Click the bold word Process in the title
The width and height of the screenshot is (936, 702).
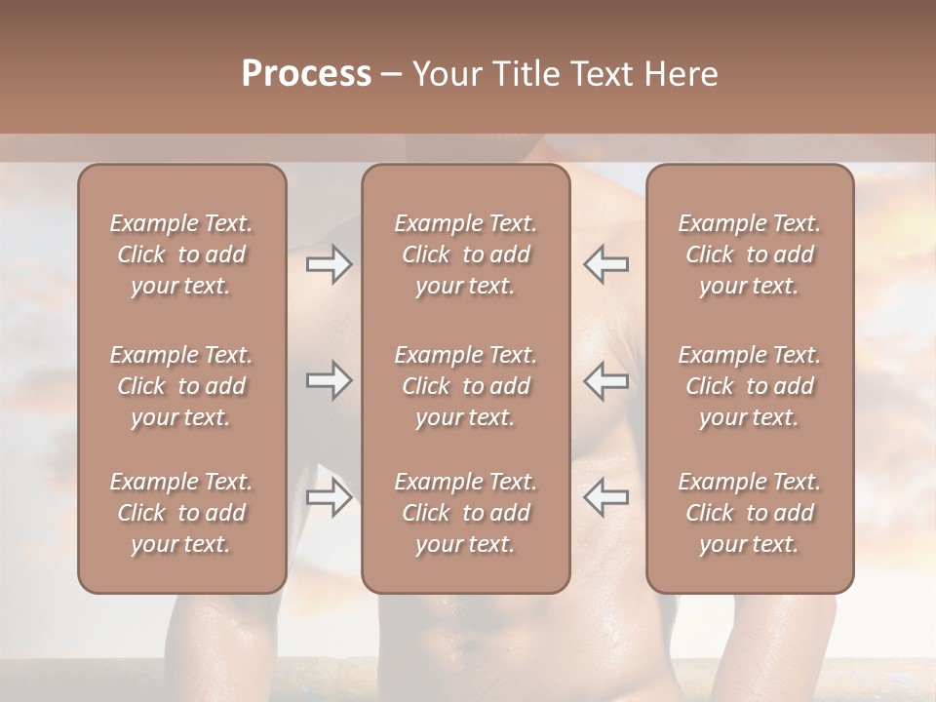tap(306, 74)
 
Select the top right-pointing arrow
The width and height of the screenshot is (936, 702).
tap(329, 264)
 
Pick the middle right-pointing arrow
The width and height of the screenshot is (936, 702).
tap(329, 380)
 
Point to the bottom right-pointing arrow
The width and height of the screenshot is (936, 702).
tap(329, 497)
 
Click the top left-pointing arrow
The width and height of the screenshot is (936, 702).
tap(605, 264)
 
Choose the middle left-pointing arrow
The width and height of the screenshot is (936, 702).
tap(605, 380)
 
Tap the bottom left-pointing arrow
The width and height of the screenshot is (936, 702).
tap(605, 497)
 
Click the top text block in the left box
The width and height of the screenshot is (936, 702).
tap(181, 254)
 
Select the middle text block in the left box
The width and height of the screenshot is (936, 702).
tap(181, 386)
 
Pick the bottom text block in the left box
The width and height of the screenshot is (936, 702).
tap(181, 513)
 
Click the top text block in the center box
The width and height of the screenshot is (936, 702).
tap(465, 254)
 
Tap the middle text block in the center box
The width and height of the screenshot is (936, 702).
tap(465, 386)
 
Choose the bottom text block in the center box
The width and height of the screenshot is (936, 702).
tap(465, 513)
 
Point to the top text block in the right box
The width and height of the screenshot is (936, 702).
tap(749, 254)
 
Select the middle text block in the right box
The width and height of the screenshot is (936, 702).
tap(749, 386)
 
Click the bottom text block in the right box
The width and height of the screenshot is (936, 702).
tap(749, 513)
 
